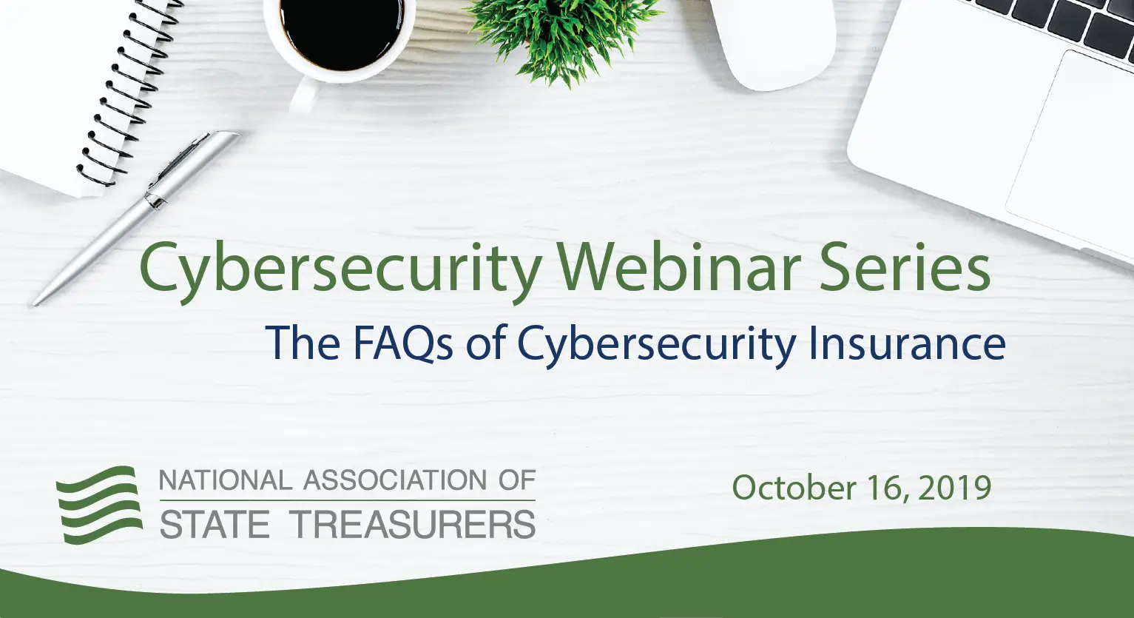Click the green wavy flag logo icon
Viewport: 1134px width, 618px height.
100,505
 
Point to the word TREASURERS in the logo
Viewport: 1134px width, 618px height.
414,525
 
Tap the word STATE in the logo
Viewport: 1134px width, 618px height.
215,525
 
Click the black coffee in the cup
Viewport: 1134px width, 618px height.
340,33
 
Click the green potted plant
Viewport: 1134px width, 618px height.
562,33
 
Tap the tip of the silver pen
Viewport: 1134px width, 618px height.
36,302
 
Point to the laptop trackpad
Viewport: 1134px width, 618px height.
1073,148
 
